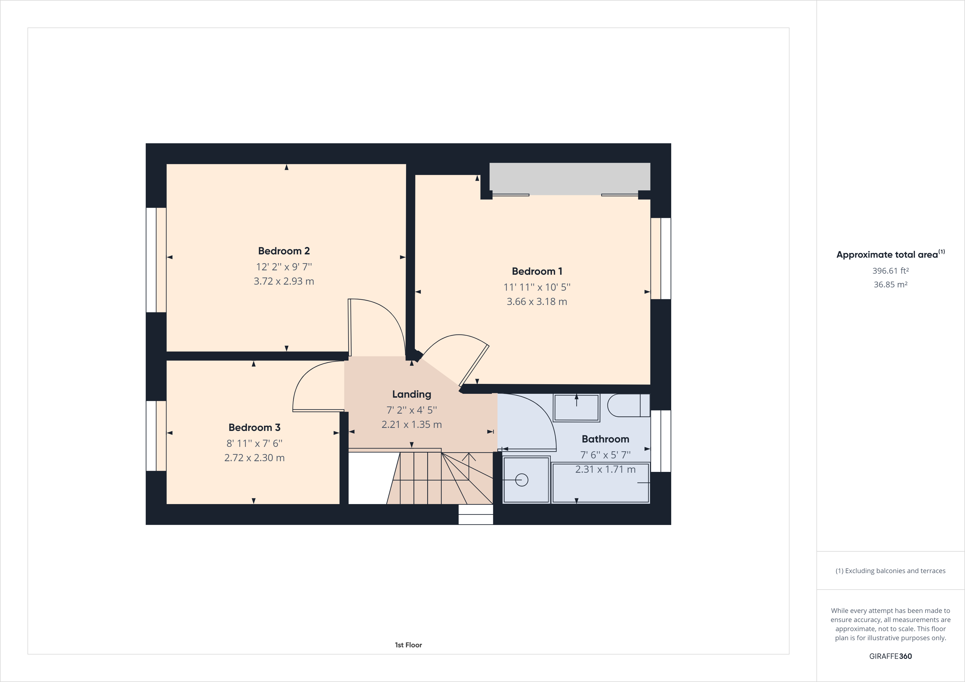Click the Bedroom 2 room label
tap(284, 251)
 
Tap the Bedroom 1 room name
tap(537, 271)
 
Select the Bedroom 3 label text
tap(254, 427)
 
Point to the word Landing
tap(412, 394)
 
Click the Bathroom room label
tap(605, 439)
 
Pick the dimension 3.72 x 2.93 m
tap(284, 281)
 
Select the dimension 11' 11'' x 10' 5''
tap(537, 287)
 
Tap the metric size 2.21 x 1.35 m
tap(412, 424)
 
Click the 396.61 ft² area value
tap(890, 271)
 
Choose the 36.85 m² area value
tap(890, 284)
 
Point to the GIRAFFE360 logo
tap(890, 656)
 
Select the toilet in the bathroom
tap(627, 405)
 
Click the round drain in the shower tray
tap(522, 480)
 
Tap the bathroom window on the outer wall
tap(661, 441)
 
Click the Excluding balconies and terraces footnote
tap(890, 571)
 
